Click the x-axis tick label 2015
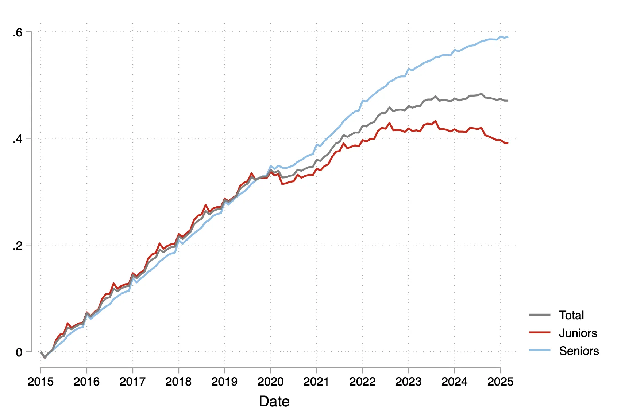(x=40, y=382)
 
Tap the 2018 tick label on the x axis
(x=178, y=382)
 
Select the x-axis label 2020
(x=270, y=382)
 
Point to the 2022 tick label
(x=362, y=382)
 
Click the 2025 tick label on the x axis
(x=500, y=382)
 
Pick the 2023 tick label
(x=408, y=382)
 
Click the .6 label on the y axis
(x=18, y=33)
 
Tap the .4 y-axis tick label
(x=18, y=139)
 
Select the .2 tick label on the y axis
(x=18, y=246)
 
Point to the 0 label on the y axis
(x=19, y=352)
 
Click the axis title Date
(x=274, y=401)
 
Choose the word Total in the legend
(x=571, y=315)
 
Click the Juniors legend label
(x=578, y=333)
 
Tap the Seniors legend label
(x=579, y=351)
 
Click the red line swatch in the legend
(x=540, y=332)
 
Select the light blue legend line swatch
(x=540, y=350)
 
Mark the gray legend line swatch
(x=540, y=315)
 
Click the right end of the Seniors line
(x=508, y=37)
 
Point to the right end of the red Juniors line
(x=508, y=144)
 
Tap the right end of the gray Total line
(x=508, y=101)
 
